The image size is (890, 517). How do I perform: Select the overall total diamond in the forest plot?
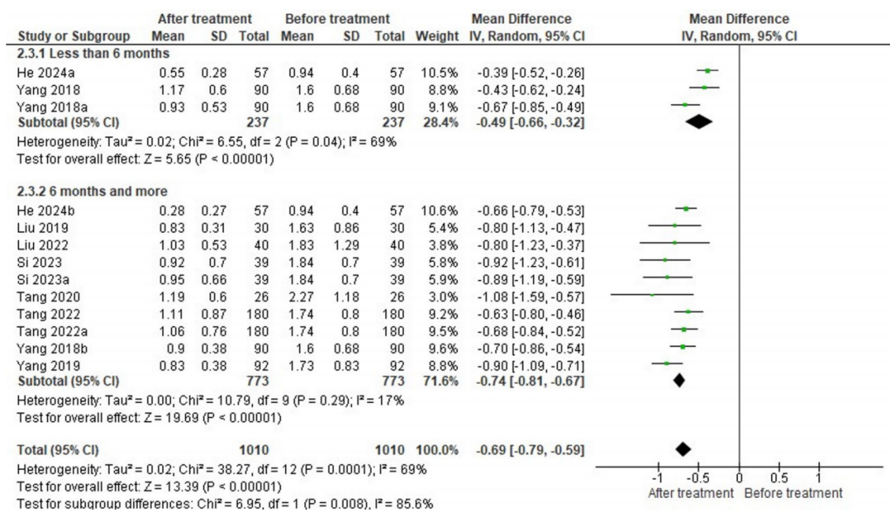(x=682, y=448)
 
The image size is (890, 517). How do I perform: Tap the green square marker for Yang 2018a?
(x=684, y=104)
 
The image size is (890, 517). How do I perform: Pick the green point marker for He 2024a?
(x=708, y=70)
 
